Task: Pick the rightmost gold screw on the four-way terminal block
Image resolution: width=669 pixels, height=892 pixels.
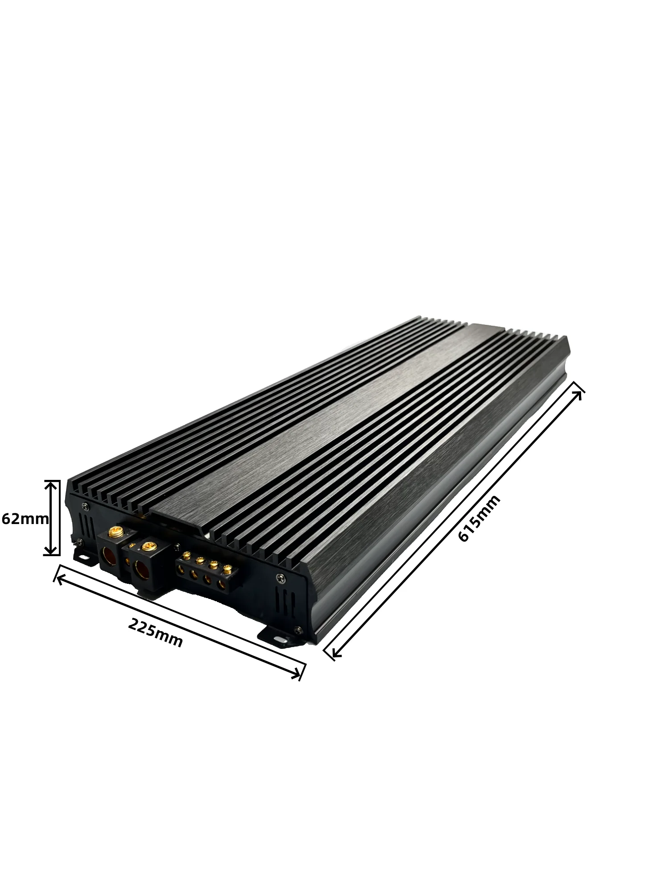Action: [227, 568]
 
